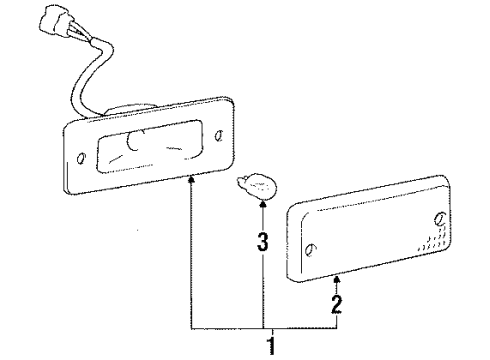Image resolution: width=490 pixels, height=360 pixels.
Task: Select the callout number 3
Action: point(261,240)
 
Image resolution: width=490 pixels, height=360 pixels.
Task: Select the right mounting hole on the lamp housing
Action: point(220,130)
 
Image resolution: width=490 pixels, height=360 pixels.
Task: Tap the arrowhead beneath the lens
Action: point(337,281)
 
